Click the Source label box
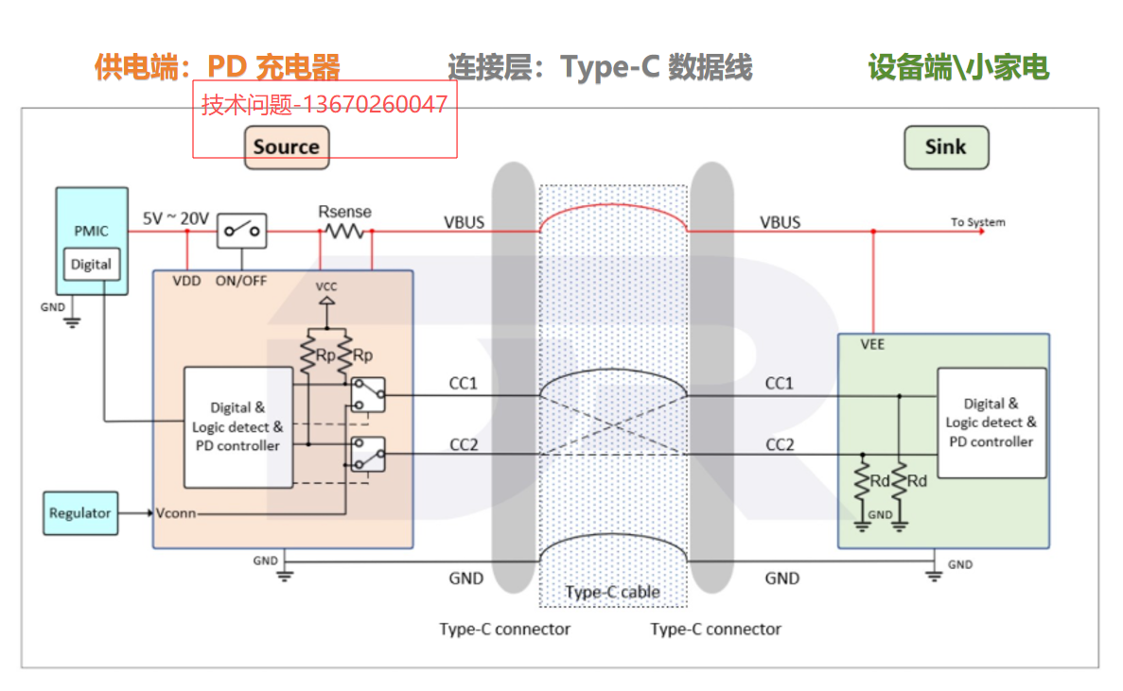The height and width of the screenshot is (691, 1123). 287,147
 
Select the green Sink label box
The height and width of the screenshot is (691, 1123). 945,147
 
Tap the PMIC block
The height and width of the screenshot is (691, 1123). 92,231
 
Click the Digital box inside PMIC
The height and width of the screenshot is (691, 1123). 92,265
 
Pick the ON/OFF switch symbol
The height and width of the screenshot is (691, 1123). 242,230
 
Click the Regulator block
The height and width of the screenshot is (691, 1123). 80,513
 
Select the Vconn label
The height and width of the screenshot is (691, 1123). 177,513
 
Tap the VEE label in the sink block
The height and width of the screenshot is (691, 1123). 873,344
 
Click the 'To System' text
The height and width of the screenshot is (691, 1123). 977,222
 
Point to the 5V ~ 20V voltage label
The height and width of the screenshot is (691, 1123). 176,218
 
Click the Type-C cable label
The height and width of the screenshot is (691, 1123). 612,593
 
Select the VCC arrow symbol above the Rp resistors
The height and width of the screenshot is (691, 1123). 325,302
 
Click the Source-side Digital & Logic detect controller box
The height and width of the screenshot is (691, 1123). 237,427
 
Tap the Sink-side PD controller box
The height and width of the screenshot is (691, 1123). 991,423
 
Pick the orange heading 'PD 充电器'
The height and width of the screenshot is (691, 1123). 273,67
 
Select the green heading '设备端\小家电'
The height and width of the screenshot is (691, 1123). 958,67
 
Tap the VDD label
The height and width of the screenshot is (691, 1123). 187,281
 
